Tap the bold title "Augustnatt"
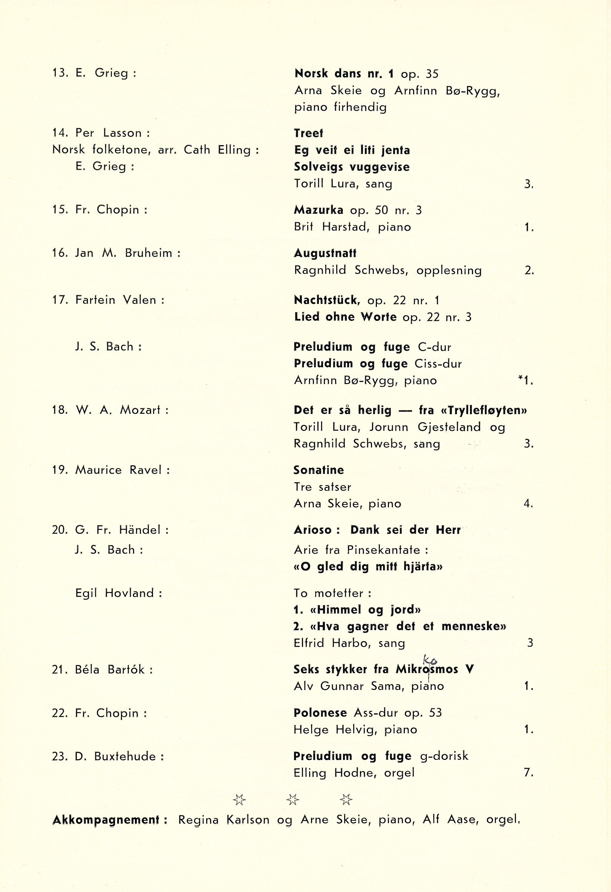[325, 253]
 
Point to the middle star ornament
[293, 800]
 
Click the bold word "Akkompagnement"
[106, 820]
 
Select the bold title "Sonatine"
[319, 470]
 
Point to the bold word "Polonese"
[320, 713]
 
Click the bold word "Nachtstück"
[327, 300]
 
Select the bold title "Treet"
[309, 133]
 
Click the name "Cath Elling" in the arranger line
[217, 150]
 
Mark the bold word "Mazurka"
[319, 210]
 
